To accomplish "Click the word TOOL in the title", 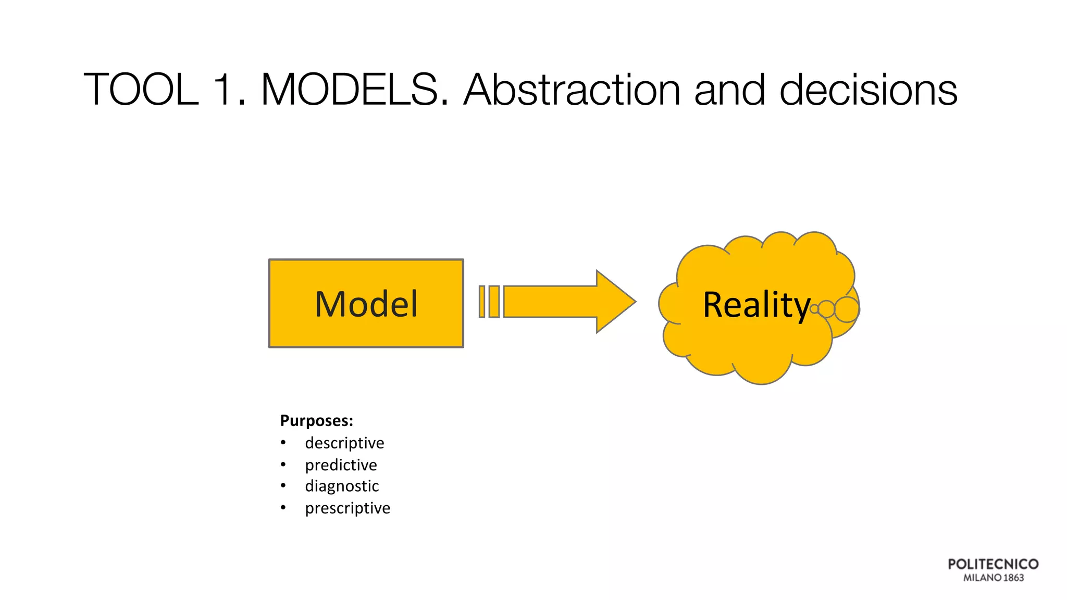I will click(141, 90).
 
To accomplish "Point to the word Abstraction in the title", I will click(572, 90).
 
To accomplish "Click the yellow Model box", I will click(366, 303).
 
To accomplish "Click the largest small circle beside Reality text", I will click(847, 309).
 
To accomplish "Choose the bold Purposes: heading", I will click(316, 420).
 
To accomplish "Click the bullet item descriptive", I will click(344, 443).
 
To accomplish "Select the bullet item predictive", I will click(341, 465).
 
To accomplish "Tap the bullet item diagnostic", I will click(342, 486).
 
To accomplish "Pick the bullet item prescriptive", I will click(348, 508).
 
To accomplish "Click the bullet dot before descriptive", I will click(283, 443).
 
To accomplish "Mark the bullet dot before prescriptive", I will click(283, 507).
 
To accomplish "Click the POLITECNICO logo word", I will click(993, 564).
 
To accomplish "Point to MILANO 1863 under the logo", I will click(993, 578).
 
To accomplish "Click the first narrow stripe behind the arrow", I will click(482, 302).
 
